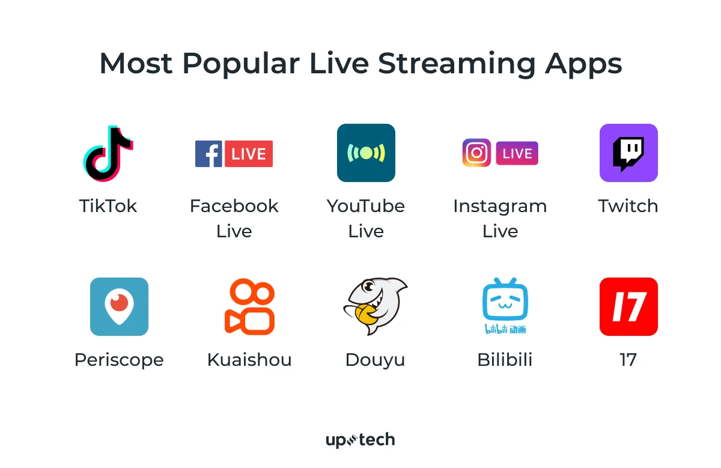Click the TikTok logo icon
coord(108,153)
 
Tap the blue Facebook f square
coord(208,154)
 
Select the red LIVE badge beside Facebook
coord(249,154)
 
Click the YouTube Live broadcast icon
coord(366,153)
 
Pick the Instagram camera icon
coord(476,153)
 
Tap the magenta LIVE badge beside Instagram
coord(517,153)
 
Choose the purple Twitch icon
coord(628,153)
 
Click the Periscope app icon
coord(119,306)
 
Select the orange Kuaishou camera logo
coord(249,306)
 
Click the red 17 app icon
coord(628,306)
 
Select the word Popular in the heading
coord(241,62)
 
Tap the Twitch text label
coord(628,206)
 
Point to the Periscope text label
coord(119,360)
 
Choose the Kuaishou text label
coord(249,360)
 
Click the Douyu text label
coord(375,360)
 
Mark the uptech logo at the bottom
coord(360,440)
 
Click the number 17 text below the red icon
coord(628,360)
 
